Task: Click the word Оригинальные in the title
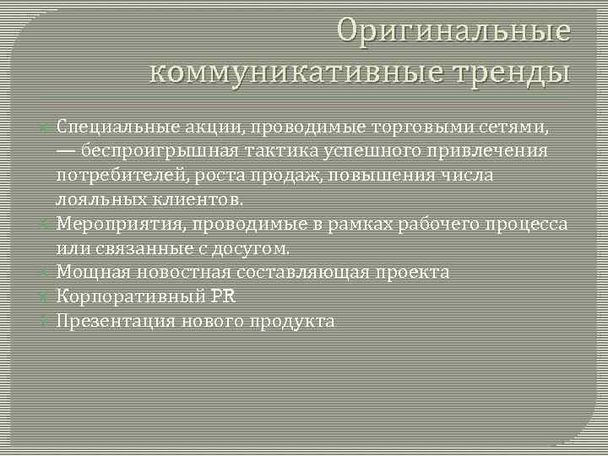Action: click(x=454, y=31)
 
